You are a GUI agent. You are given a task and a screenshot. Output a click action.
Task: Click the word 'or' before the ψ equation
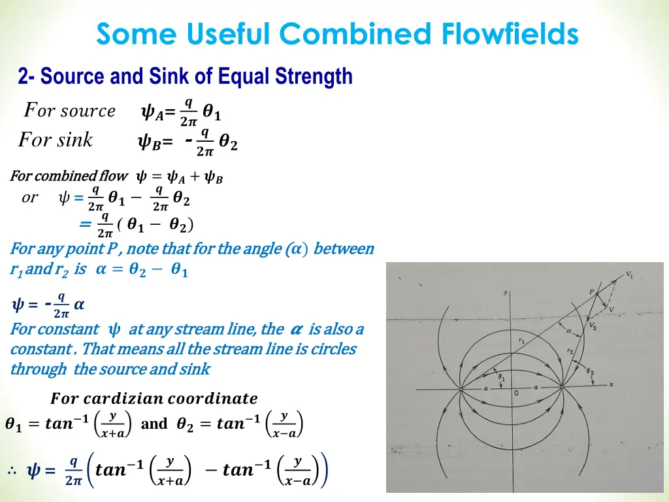click(30, 197)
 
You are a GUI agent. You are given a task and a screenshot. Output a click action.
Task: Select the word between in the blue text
click(344, 249)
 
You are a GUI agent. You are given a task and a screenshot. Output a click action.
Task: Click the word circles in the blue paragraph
click(333, 349)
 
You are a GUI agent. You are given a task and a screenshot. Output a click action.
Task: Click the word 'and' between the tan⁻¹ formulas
click(154, 424)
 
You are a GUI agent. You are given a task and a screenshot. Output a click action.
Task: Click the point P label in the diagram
click(592, 292)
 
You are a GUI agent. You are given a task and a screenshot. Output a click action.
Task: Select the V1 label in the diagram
click(628, 276)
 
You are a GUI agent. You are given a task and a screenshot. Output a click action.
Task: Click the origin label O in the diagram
click(516, 393)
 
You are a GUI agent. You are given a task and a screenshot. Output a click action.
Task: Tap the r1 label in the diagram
click(521, 341)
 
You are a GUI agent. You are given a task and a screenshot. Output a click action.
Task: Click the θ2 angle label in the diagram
click(591, 372)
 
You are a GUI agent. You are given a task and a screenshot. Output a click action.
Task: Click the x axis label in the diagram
click(611, 384)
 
